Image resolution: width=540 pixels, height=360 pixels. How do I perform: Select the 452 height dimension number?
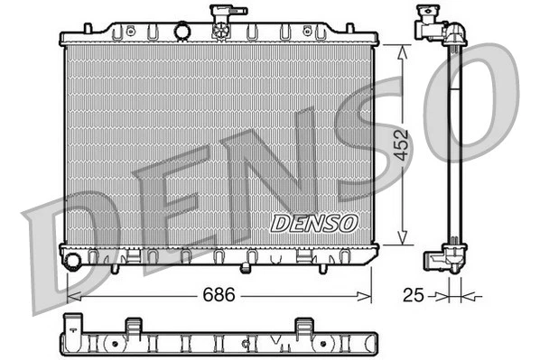[403, 143]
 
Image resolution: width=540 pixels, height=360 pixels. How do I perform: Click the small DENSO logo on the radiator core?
[315, 222]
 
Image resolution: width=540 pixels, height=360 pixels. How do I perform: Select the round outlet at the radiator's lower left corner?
[72, 262]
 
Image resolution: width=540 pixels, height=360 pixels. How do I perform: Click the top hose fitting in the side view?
[433, 27]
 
